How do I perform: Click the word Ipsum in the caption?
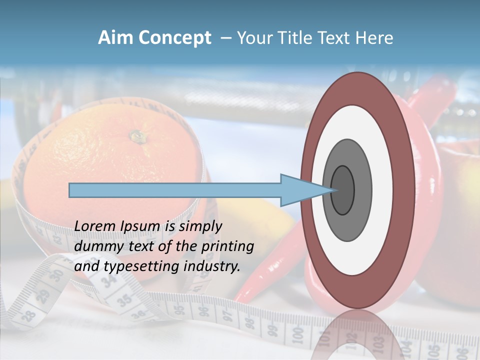pos(140,226)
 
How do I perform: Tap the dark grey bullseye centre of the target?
pos(342,190)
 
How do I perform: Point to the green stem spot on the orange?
pos(136,135)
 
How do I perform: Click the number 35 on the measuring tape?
pos(125,300)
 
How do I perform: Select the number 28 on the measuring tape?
pos(30,315)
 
